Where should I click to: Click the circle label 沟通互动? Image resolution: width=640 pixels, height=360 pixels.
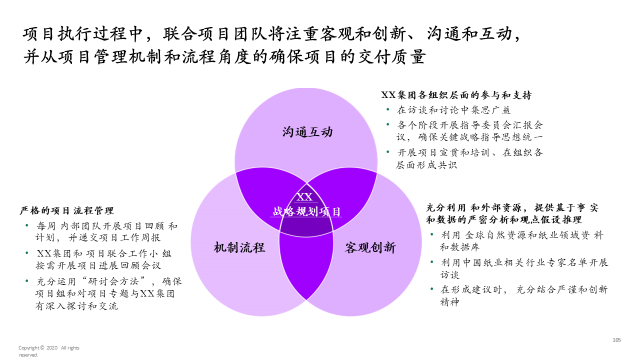coord(307,132)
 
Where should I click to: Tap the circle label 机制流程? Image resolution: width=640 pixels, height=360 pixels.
coord(239,247)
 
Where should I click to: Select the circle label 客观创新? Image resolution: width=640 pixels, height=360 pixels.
coord(370,247)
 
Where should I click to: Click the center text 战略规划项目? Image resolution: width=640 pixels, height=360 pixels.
coord(307,211)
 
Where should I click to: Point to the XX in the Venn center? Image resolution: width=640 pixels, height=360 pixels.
coord(304,196)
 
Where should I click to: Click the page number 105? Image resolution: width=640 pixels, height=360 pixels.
coord(616,340)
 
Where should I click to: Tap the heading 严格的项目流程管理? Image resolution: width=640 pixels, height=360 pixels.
coord(66,210)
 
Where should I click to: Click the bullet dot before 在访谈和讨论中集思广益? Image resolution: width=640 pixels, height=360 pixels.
coord(388,110)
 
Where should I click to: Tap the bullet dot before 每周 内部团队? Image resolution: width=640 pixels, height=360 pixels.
coord(26,226)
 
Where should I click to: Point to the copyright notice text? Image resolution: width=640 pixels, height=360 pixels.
coord(49,351)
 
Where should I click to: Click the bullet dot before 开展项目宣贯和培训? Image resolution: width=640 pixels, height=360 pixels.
coord(388,152)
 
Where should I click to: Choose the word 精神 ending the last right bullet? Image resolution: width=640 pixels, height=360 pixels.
coord(449,302)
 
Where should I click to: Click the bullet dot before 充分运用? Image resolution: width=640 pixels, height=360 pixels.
coord(26,281)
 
